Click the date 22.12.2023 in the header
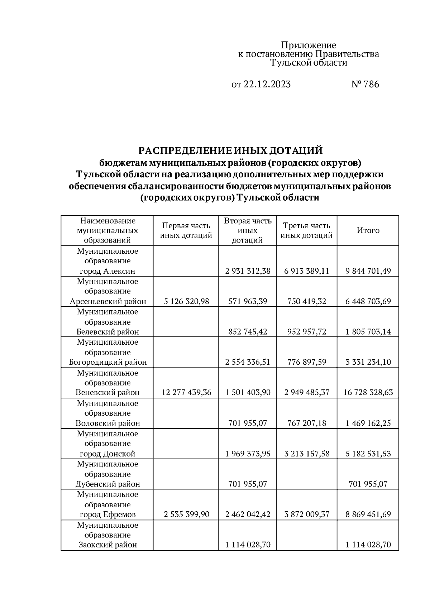tap(267, 84)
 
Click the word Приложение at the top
tap(308, 45)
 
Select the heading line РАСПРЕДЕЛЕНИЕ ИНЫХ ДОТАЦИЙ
tap(230, 150)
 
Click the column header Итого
tap(368, 230)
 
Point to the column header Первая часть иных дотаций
tap(186, 230)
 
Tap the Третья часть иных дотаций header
tap(306, 230)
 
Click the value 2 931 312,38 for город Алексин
tap(248, 271)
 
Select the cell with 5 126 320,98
tap(186, 301)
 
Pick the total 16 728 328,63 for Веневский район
tap(368, 392)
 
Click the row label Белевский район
tap(108, 332)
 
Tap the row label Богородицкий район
tap(108, 362)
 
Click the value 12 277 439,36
tap(186, 392)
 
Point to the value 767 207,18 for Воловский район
tap(307, 423)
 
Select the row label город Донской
tap(107, 454)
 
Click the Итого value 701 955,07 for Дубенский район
tap(368, 484)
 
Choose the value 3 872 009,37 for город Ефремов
tap(307, 514)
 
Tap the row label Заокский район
tap(107, 545)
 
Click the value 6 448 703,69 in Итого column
tap(368, 301)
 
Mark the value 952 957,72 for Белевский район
tap(307, 332)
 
